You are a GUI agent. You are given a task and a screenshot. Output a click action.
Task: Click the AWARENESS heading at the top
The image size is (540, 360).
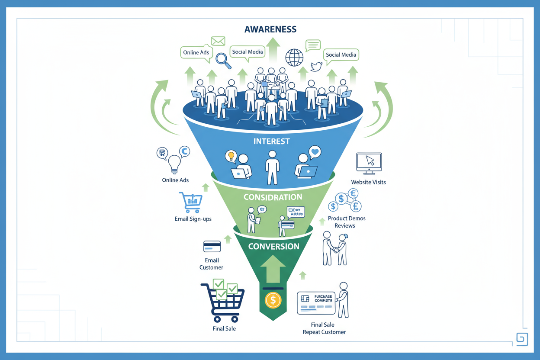click(x=270, y=29)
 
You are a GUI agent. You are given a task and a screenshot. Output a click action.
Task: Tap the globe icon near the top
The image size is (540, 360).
click(x=295, y=58)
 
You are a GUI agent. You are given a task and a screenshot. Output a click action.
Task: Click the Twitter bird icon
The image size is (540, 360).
click(x=316, y=67)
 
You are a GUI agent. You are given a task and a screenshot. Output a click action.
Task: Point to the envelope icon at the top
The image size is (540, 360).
click(x=218, y=41)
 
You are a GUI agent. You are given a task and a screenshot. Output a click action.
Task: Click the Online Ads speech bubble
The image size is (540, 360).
click(x=196, y=53)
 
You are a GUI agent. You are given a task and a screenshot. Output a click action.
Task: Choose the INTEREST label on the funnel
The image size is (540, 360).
click(x=272, y=141)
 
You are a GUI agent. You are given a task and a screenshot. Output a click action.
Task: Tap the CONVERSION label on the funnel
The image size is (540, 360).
click(x=273, y=247)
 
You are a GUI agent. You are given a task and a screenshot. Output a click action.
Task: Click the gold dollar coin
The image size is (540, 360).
click(x=273, y=300)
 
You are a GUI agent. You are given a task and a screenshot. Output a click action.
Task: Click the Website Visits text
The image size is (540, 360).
click(x=368, y=182)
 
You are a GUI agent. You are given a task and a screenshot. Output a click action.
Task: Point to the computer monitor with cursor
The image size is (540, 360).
click(x=369, y=164)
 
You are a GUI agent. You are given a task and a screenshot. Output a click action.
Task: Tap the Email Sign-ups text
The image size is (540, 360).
click(x=193, y=219)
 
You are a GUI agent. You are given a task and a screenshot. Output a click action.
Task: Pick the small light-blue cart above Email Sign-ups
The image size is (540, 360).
click(x=190, y=202)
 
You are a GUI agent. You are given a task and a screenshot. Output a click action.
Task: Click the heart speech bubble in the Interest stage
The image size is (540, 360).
click(x=315, y=152)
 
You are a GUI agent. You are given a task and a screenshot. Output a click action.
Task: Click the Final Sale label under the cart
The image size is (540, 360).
click(x=224, y=329)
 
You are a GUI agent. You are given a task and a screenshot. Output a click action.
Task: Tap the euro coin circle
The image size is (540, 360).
click(x=353, y=194)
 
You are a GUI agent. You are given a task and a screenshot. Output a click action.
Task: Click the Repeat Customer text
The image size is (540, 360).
click(x=324, y=332)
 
